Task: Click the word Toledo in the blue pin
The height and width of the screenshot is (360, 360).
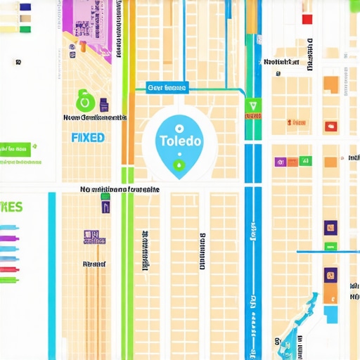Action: [x=180, y=141]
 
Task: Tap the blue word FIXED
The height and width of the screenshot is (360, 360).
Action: [x=88, y=137]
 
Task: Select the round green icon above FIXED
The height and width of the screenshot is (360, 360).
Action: [x=85, y=101]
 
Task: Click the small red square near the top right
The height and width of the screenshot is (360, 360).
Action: [x=307, y=19]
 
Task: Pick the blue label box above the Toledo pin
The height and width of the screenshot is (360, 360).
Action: [x=167, y=88]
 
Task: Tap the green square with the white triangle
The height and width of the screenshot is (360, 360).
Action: [x=252, y=107]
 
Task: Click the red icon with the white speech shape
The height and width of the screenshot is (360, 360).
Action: [x=330, y=127]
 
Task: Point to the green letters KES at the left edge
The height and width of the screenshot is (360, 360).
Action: [x=12, y=207]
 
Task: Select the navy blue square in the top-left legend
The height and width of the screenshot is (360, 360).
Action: [x=25, y=8]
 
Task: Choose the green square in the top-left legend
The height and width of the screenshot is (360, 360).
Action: [x=26, y=30]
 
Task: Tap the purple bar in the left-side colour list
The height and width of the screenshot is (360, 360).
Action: [x=9, y=238]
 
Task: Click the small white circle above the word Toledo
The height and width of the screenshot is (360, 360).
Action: [x=180, y=129]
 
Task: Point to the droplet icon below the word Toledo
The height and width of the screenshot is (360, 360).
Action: [x=179, y=165]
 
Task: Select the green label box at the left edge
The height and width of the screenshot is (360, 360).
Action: [x=15, y=149]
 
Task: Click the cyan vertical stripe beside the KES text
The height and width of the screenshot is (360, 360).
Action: [x=51, y=267]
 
